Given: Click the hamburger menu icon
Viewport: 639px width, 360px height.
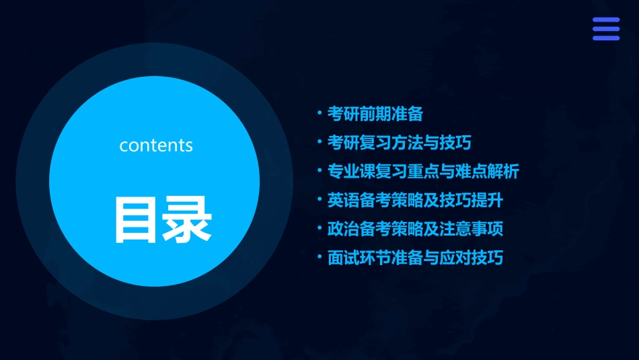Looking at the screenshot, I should [605, 29].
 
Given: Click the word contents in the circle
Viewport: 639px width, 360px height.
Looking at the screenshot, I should [156, 145].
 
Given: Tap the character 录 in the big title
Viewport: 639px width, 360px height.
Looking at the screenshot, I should [187, 219].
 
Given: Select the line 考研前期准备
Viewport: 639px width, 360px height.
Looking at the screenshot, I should [375, 114].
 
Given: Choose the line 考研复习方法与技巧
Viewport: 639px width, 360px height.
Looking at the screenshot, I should [399, 143].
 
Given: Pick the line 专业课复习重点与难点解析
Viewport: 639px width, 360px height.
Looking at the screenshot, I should [423, 172].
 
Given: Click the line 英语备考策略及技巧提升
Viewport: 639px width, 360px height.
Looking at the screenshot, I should [415, 201].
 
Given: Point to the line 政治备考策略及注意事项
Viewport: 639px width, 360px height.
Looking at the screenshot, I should [415, 229].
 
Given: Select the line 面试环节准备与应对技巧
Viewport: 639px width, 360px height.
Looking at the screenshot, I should [415, 258].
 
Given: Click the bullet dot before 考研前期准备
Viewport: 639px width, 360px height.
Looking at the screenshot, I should [320, 112].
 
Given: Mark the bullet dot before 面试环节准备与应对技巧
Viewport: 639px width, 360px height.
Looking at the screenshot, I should [320, 256].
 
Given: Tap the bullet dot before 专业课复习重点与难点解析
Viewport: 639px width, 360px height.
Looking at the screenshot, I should [320, 170].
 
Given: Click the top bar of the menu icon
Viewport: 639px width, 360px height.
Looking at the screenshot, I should [605, 20].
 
